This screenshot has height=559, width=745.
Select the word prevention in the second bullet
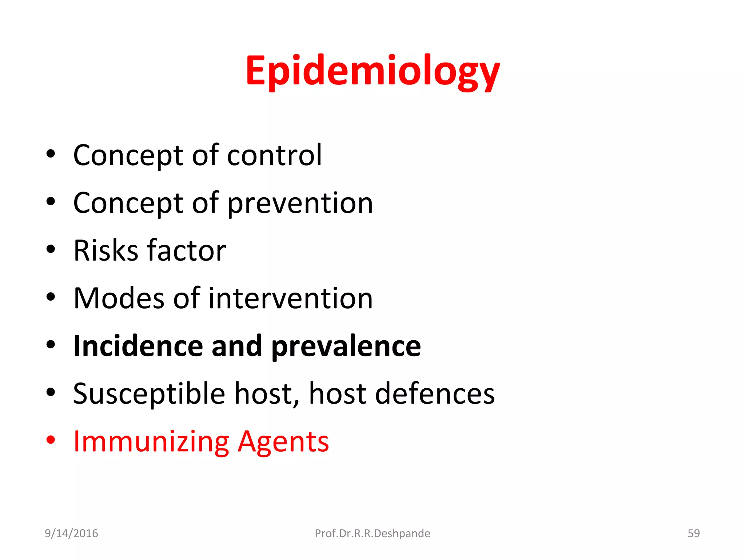300,203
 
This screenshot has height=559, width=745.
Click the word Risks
106,251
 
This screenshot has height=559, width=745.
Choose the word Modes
119,298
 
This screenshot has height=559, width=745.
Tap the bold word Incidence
138,346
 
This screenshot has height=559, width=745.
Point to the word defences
435,394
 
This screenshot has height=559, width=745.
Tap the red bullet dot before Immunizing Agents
51,440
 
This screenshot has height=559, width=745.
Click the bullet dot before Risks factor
51,249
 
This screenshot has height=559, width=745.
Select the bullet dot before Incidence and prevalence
51,345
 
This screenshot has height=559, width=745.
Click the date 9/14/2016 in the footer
71,533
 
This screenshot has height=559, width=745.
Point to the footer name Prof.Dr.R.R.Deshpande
372,534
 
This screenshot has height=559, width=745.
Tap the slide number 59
693,533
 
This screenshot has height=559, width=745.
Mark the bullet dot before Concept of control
51,154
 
